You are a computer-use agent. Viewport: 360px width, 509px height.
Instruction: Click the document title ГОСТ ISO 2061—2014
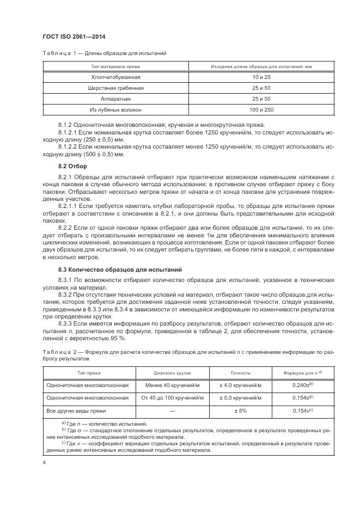tap(74, 37)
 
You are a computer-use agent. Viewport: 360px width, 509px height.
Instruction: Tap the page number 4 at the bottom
tap(44, 463)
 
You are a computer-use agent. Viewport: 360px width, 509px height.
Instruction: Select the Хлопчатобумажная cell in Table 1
tap(115, 77)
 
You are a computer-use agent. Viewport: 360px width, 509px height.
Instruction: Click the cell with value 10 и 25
tap(253, 77)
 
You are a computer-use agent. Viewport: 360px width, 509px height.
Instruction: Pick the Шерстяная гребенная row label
tap(115, 88)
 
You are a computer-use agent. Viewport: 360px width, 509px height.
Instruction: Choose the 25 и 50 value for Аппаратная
tap(253, 99)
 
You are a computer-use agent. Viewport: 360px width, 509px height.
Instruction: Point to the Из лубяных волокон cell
tap(115, 110)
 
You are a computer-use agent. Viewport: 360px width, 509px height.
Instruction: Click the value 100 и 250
tap(253, 110)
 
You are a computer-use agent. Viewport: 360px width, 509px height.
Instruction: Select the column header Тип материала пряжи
tap(115, 66)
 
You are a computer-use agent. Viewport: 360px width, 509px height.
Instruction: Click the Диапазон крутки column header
tap(173, 373)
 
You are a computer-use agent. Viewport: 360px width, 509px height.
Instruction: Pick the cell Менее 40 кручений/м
tap(173, 385)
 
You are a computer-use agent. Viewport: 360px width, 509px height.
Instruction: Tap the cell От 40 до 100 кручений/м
tap(173, 397)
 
